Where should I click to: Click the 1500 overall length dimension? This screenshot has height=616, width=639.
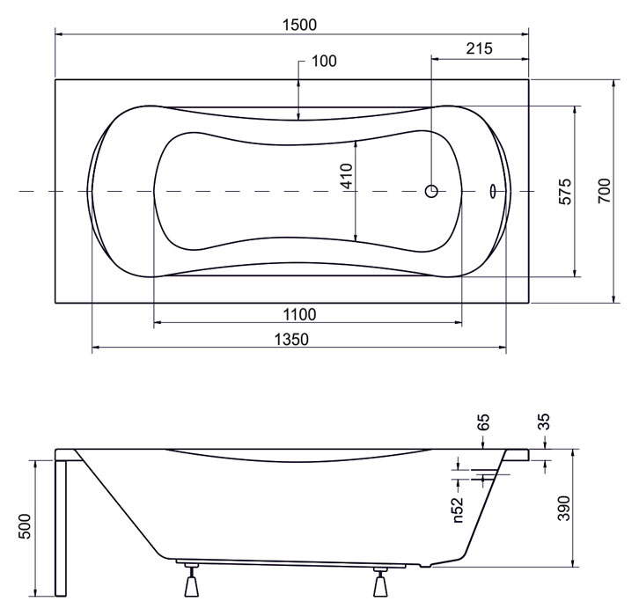(x=299, y=25)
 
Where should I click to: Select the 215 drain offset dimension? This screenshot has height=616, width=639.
(x=479, y=48)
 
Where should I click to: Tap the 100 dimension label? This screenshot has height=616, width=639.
(x=324, y=61)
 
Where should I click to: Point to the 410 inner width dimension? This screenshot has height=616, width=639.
(x=347, y=176)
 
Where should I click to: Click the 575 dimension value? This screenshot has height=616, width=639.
(x=565, y=192)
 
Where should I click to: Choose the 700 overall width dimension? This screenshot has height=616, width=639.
(x=604, y=191)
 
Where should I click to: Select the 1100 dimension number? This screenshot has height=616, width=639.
(x=299, y=314)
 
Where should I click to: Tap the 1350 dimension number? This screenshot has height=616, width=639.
(x=291, y=339)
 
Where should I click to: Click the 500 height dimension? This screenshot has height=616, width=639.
(x=25, y=526)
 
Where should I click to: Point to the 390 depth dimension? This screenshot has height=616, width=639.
(x=564, y=508)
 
